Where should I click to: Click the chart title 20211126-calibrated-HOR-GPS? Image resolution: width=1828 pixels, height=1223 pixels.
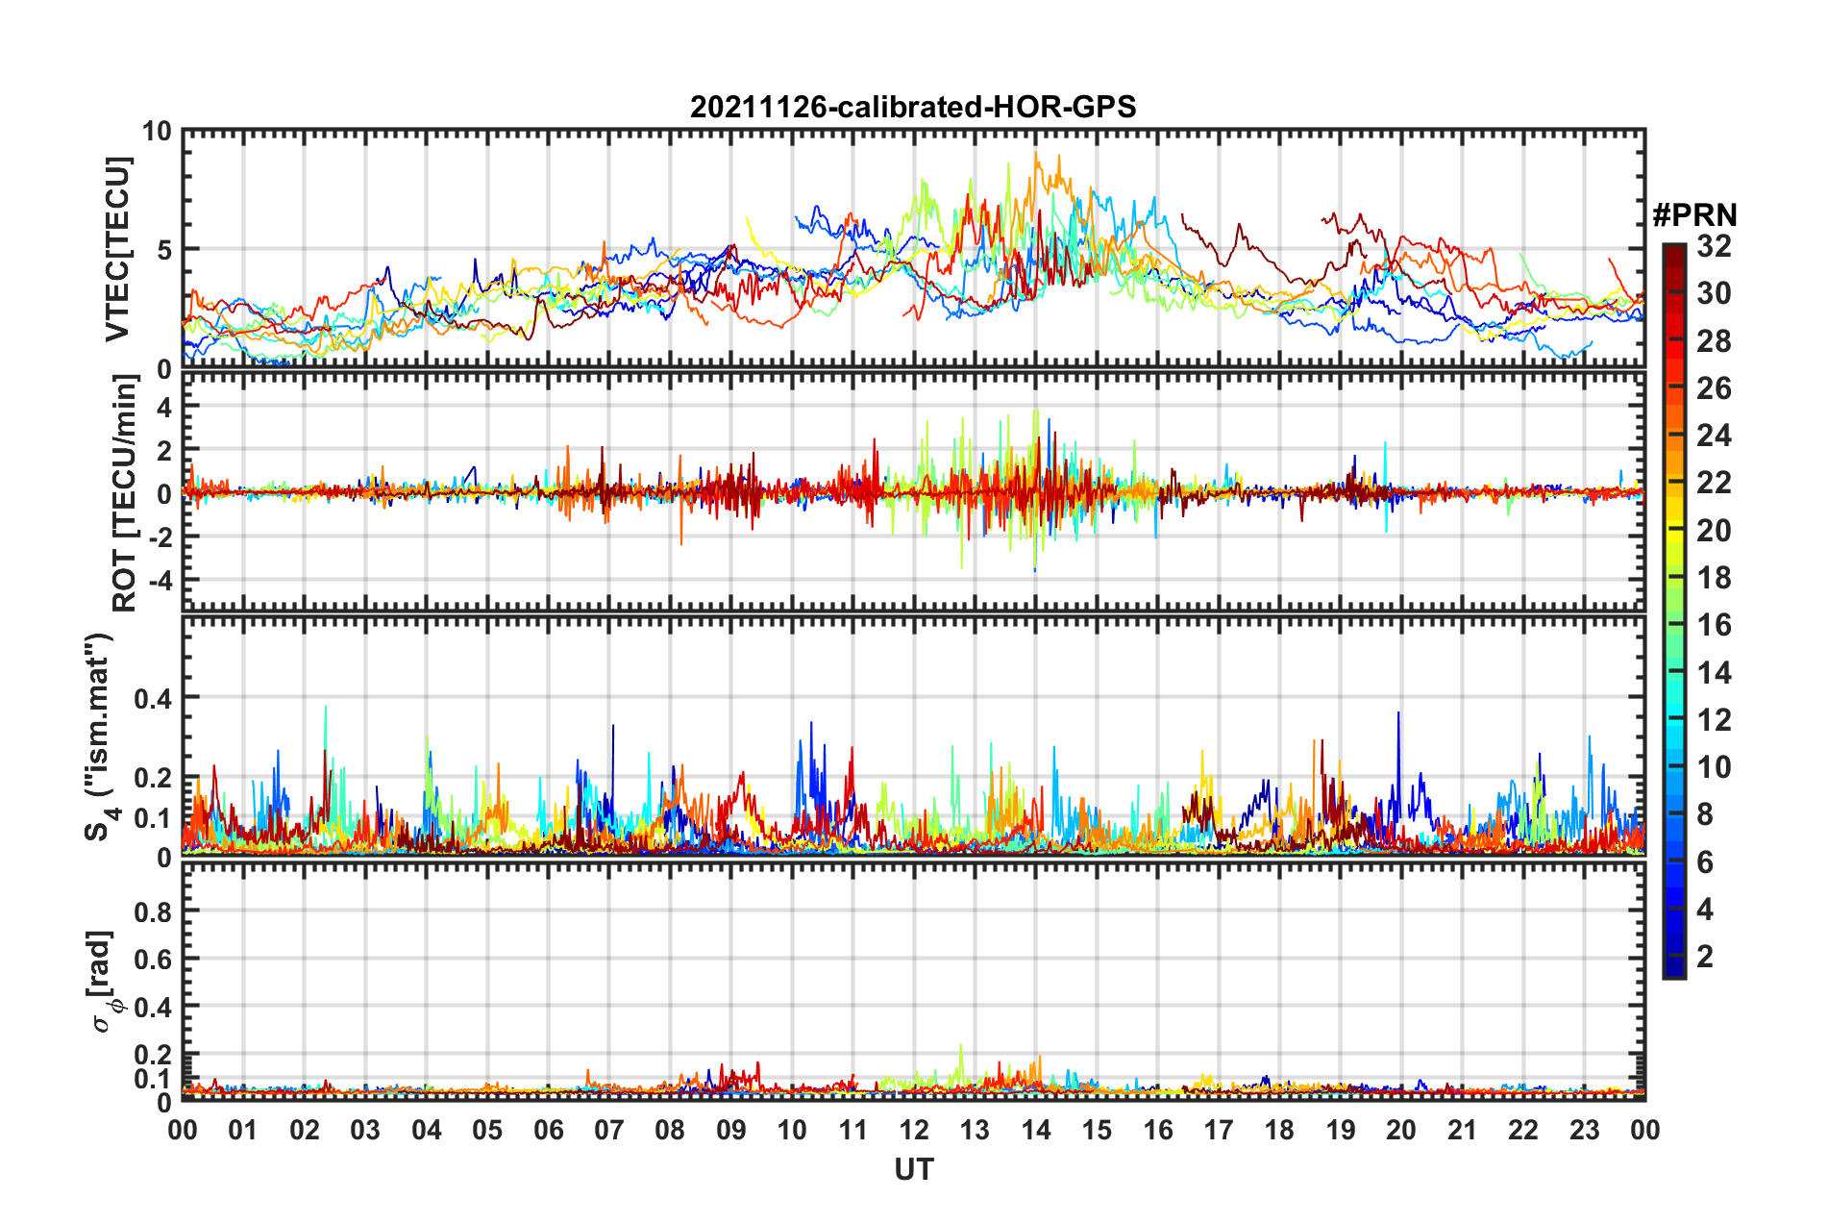point(913,107)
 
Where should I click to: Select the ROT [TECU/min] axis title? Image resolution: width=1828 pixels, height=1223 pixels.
point(125,493)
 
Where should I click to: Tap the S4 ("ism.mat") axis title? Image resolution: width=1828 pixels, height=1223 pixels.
point(100,736)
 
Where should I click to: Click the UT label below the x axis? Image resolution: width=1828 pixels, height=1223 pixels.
point(913,1169)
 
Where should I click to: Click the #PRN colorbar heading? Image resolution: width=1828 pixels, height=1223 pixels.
point(1694,215)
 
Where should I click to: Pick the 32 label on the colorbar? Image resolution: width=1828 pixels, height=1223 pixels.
point(1714,246)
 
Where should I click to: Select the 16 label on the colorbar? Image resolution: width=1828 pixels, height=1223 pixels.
point(1714,625)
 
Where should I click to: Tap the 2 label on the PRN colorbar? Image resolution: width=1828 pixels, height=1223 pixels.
point(1706,956)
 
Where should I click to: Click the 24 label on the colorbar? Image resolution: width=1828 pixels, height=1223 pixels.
point(1714,436)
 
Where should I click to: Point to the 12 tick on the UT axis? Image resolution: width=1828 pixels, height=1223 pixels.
point(914,1130)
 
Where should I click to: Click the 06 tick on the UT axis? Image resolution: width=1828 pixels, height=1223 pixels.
point(549,1130)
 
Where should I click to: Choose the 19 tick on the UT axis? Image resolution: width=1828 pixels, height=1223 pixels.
point(1341,1130)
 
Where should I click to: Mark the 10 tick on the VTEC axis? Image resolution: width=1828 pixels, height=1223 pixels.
point(158,132)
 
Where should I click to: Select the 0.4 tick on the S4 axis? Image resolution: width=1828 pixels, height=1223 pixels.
point(154,698)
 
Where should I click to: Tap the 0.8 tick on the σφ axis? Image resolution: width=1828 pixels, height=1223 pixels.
point(154,911)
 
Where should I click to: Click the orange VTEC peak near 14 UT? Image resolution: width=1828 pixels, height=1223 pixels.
point(1036,154)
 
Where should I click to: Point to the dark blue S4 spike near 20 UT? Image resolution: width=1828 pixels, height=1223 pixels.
point(1398,713)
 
